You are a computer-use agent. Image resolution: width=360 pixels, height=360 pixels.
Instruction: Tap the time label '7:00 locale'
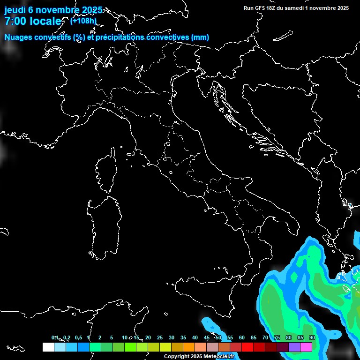pyautogui.click(x=33, y=21)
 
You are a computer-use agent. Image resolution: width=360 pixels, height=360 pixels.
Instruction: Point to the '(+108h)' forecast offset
pyautogui.click(x=83, y=21)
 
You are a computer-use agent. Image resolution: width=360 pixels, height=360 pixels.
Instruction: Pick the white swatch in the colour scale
pyautogui.click(x=48, y=347)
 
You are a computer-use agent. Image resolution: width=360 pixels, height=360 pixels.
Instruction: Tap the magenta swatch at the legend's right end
pyautogui.click(x=306, y=347)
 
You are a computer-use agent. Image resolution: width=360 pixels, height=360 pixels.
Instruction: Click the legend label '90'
pyautogui.click(x=312, y=338)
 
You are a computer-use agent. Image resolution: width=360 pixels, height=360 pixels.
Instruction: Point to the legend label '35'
pyautogui.click(x=183, y=338)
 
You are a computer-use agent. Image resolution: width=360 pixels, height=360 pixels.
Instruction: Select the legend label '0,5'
pyautogui.click(x=78, y=338)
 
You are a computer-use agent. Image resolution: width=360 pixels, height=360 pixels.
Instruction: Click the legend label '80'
pyautogui.click(x=289, y=338)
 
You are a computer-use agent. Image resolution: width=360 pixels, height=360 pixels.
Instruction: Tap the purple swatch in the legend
pyautogui.click(x=294, y=347)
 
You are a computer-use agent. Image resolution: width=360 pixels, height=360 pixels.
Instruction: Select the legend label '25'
pyautogui.click(x=160, y=338)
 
